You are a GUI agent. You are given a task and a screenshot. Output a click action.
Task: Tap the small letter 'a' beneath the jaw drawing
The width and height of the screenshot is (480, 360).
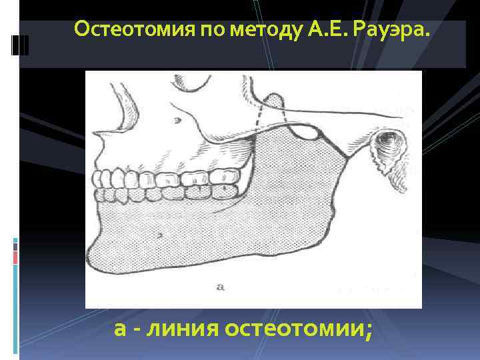point(221,287)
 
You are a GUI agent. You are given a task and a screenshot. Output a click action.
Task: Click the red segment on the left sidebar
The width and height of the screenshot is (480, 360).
point(15,257)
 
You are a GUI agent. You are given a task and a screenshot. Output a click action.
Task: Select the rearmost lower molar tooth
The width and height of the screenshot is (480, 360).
point(227,191)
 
